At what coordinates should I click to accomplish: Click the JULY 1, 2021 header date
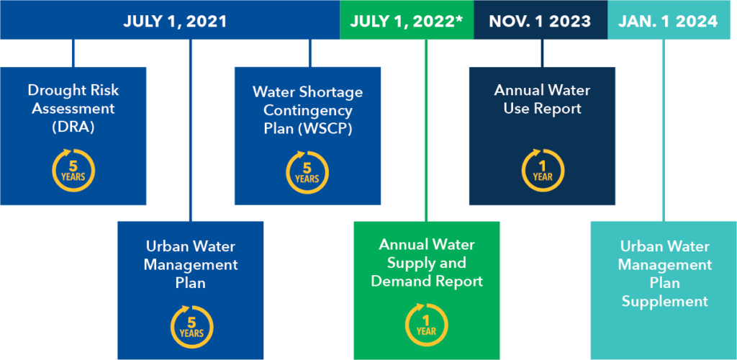click(175, 22)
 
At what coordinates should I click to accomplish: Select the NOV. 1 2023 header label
click(540, 22)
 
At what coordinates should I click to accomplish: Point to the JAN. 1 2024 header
click(668, 22)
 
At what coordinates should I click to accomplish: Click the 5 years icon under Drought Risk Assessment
click(73, 170)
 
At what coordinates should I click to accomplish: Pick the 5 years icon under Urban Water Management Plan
click(191, 327)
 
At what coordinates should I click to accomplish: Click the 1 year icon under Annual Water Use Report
click(543, 170)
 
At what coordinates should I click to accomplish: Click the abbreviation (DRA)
click(73, 127)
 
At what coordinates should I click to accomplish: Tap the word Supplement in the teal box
click(664, 301)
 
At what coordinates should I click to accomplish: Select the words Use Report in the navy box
click(543, 109)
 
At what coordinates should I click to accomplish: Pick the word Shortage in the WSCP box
click(336, 92)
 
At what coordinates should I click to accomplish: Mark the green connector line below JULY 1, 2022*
click(426, 130)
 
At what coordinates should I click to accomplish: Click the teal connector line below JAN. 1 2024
click(664, 130)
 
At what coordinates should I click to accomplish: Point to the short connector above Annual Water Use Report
click(543, 53)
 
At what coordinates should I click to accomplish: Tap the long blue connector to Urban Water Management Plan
click(190, 130)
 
